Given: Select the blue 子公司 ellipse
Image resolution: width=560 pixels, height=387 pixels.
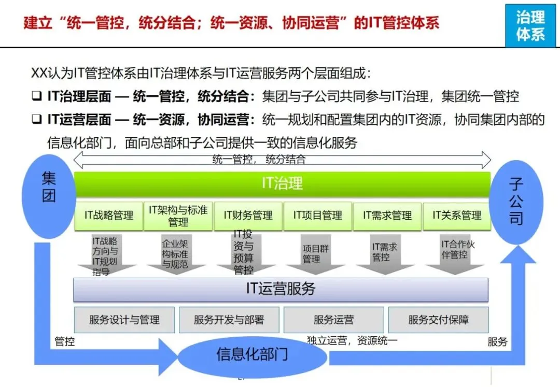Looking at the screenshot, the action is coord(516,202).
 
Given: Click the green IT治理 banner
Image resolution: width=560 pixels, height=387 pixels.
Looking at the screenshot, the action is coord(283,183).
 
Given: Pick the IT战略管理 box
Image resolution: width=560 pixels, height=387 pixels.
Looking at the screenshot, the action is coord(109,216).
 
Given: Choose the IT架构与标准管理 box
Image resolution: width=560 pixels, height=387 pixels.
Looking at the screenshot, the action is coord(178,216).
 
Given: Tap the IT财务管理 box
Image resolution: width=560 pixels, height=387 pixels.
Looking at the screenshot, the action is coord(248,216).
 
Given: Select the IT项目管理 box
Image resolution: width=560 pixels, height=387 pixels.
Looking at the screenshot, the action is coord(317,216).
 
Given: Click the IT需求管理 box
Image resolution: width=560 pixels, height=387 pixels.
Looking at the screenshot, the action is coord(387,216).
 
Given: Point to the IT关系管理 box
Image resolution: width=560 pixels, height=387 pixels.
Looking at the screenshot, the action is coord(457,216).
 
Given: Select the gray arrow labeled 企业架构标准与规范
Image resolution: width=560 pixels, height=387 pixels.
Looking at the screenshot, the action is coord(175,254).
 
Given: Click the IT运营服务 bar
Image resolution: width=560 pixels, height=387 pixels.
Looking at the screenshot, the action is coord(281,290).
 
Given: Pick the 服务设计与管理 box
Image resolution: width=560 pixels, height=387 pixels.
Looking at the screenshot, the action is coord(124,320).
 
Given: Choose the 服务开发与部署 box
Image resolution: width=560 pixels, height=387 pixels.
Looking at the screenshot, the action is coord(229,320).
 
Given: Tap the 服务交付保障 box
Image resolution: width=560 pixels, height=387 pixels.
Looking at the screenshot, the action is coord(438,320).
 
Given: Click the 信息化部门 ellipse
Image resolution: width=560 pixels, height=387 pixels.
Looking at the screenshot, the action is coord(252,355).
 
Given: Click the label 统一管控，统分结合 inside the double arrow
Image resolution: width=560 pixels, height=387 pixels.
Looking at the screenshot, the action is coord(259,160).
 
